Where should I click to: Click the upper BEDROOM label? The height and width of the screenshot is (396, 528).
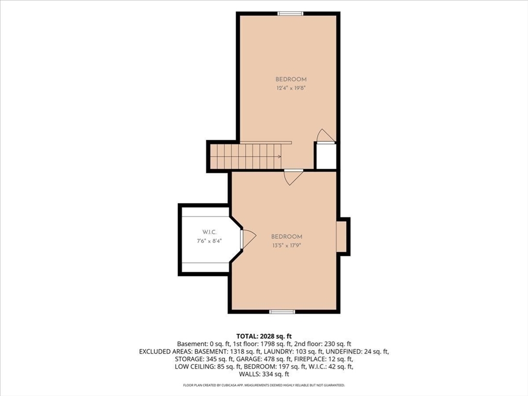click(x=291, y=79)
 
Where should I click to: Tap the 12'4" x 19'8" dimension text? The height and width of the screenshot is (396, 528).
click(x=291, y=88)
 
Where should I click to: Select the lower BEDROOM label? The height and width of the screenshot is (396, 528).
click(x=287, y=237)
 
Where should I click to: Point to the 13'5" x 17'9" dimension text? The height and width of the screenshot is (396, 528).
click(x=287, y=245)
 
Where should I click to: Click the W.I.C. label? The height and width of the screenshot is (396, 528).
click(x=209, y=232)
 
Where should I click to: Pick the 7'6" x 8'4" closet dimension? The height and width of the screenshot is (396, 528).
click(x=209, y=241)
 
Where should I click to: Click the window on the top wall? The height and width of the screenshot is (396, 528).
click(x=290, y=13)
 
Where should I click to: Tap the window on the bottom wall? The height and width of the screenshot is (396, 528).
click(x=282, y=312)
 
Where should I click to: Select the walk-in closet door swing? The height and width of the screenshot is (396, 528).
click(x=249, y=239)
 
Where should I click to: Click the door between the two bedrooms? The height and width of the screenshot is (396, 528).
click(x=293, y=177)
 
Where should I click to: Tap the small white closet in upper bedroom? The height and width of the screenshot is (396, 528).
click(x=326, y=156)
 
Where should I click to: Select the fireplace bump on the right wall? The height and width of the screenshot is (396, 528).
click(x=343, y=236)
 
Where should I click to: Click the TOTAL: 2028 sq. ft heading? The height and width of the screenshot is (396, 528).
click(x=264, y=336)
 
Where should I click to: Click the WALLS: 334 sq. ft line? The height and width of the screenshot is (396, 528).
click(x=264, y=374)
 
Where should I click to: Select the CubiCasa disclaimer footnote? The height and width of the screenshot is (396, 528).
click(x=264, y=385)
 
